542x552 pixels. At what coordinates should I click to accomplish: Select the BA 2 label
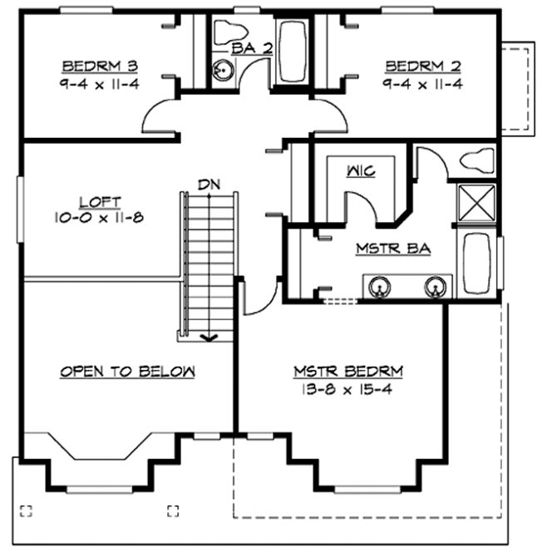pyautogui.click(x=253, y=49)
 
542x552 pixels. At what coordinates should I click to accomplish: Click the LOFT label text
pyautogui.click(x=100, y=202)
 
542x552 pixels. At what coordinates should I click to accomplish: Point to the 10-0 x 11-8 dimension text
pyautogui.click(x=100, y=218)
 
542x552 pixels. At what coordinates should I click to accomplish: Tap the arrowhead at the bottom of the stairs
pyautogui.click(x=209, y=337)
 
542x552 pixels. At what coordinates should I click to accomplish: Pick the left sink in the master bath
pyautogui.click(x=378, y=288)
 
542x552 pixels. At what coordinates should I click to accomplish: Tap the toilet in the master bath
pyautogui.click(x=477, y=159)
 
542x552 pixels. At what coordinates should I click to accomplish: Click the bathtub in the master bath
pyautogui.click(x=477, y=263)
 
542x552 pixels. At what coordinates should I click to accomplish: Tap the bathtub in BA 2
pyautogui.click(x=292, y=50)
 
